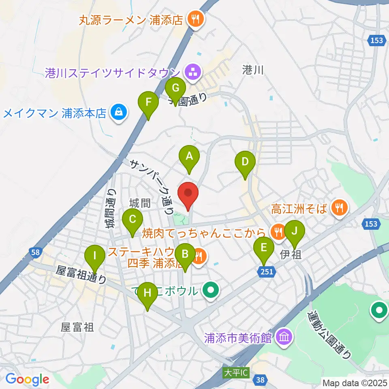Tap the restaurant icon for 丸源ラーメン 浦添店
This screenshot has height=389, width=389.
pyautogui.click(x=195, y=19)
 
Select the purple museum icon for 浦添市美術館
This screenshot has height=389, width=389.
pyautogui.click(x=284, y=337)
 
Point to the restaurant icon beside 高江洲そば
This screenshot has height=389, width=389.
pyautogui.click(x=338, y=208)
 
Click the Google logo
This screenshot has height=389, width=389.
pyautogui.click(x=27, y=379)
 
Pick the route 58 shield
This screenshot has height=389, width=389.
pyautogui.click(x=35, y=252)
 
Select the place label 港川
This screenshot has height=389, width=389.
pyautogui.click(x=253, y=70)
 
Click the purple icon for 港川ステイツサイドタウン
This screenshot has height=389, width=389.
pyautogui.click(x=190, y=73)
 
